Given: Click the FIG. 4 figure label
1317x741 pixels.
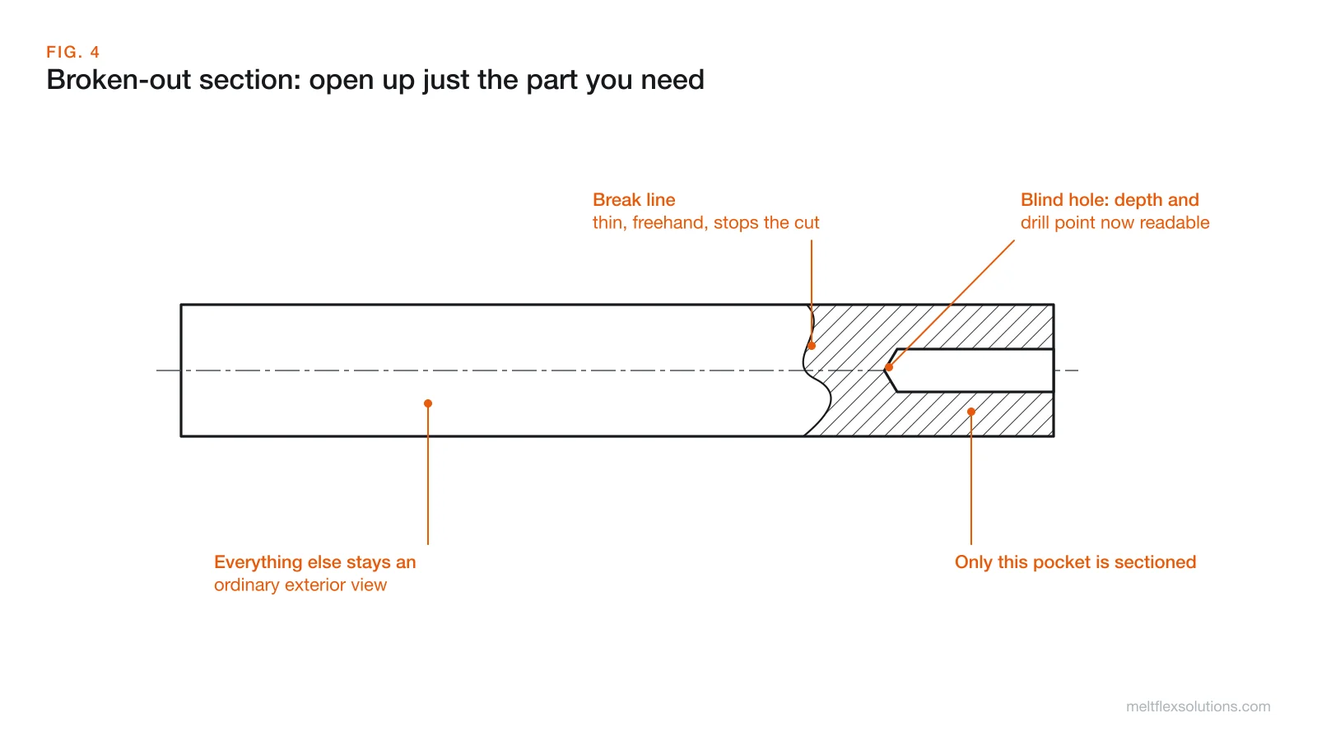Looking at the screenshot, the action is point(73,53).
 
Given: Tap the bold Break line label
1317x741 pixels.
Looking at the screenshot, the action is point(634,200).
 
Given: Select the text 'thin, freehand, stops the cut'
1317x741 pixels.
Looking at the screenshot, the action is point(705,223).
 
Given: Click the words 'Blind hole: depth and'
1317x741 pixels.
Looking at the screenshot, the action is point(1110,200).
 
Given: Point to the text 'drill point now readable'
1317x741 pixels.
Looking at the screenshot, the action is point(1115,223).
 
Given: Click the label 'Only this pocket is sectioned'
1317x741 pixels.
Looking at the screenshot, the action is point(1075,562).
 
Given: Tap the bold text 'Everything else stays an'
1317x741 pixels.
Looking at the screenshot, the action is point(314,562).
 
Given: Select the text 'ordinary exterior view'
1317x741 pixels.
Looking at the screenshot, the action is point(300,585).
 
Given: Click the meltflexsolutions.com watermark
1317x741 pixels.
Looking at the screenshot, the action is point(1198,706).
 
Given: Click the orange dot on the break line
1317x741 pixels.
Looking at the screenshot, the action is point(812,346).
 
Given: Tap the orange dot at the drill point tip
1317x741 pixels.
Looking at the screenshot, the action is point(889,367).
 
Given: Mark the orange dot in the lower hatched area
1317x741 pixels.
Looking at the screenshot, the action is point(971,412).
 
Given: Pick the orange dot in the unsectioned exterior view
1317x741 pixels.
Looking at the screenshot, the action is point(428,403).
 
